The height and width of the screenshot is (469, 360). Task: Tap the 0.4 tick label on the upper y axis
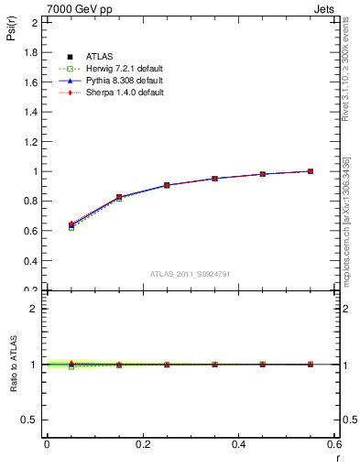point(31,260)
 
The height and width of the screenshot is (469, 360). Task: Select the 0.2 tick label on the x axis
point(142,444)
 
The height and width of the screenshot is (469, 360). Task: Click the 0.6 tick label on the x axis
point(334,444)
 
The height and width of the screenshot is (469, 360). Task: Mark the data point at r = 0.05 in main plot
point(71,224)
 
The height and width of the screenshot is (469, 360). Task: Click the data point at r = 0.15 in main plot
point(119,197)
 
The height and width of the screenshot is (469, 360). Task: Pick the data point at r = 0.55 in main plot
point(311,171)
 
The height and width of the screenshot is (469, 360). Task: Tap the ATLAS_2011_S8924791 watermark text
point(190,273)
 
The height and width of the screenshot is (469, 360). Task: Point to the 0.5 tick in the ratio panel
point(31,420)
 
